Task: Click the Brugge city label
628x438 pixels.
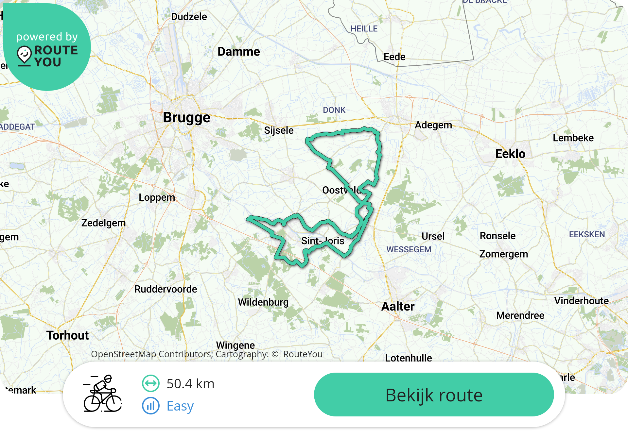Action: click(186, 118)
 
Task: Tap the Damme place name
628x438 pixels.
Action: click(238, 52)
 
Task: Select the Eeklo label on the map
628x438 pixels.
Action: click(510, 154)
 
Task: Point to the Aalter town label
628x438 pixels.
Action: click(398, 307)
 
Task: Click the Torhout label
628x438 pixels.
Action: click(67, 335)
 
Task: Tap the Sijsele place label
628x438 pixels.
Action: click(279, 130)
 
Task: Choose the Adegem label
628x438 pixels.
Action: click(433, 125)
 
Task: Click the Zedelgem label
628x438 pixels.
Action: click(103, 223)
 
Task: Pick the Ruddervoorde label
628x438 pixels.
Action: click(166, 289)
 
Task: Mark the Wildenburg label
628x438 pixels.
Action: click(263, 302)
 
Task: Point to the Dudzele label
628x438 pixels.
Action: click(189, 17)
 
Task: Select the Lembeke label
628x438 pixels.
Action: click(573, 138)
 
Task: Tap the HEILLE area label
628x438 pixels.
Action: click(364, 29)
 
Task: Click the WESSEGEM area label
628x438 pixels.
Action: click(409, 250)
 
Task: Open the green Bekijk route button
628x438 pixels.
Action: click(434, 395)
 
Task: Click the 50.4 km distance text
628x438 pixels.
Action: click(190, 384)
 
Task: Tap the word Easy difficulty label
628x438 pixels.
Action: click(180, 406)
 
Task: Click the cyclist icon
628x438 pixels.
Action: click(103, 394)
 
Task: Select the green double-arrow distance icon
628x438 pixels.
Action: click(151, 383)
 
